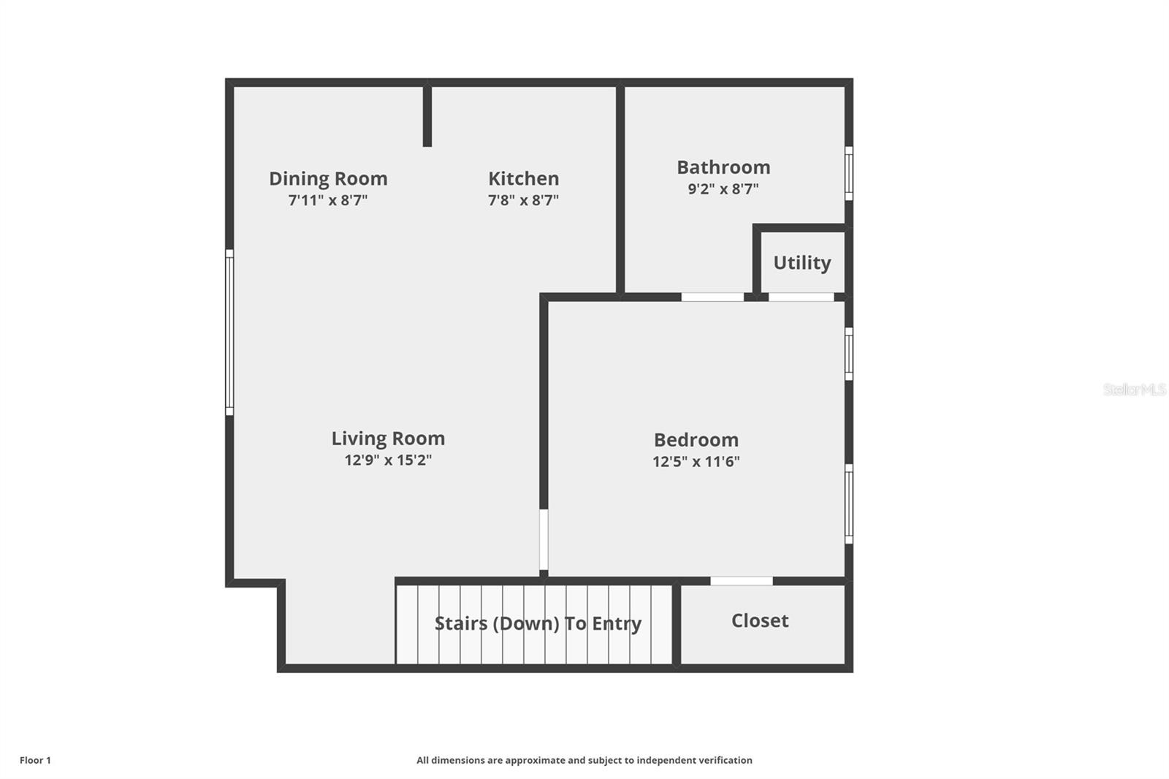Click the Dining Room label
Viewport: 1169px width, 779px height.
pyautogui.click(x=328, y=178)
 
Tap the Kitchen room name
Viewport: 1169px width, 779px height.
pyautogui.click(x=523, y=178)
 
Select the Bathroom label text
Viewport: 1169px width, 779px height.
pyautogui.click(x=723, y=167)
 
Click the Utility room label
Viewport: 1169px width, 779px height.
pyautogui.click(x=802, y=262)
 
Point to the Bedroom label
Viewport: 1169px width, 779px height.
pyautogui.click(x=696, y=439)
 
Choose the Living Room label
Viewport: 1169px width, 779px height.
pyautogui.click(x=388, y=438)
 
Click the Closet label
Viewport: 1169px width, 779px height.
pyautogui.click(x=760, y=620)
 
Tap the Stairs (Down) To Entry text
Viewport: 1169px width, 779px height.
pyautogui.click(x=538, y=623)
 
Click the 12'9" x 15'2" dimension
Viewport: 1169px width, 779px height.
pyautogui.click(x=388, y=460)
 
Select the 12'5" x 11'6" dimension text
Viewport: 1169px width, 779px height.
pyautogui.click(x=696, y=462)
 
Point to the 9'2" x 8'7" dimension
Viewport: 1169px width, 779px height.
pyautogui.click(x=723, y=189)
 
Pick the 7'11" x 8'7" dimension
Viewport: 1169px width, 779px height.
pyautogui.click(x=328, y=200)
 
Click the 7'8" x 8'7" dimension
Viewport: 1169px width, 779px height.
pyautogui.click(x=523, y=200)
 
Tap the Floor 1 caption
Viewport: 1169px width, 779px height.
pyautogui.click(x=35, y=760)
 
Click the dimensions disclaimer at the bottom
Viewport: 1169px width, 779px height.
pyautogui.click(x=584, y=760)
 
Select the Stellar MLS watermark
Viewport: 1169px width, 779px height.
pyautogui.click(x=1134, y=389)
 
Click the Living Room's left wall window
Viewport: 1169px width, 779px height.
pyautogui.click(x=229, y=332)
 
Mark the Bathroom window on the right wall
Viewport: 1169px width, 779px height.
pyautogui.click(x=849, y=173)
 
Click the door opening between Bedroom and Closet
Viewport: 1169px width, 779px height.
pyautogui.click(x=742, y=581)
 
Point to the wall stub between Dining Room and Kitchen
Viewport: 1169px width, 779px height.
pyautogui.click(x=427, y=117)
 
